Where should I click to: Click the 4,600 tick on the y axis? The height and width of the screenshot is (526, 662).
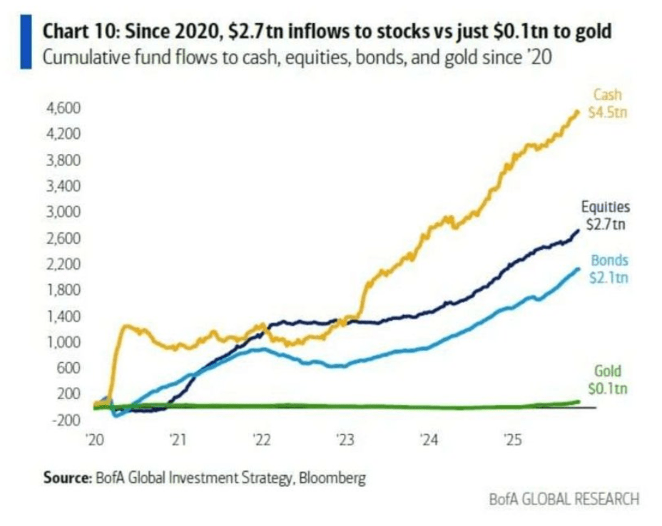[x=63, y=108]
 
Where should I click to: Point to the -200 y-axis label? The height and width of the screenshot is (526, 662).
[x=66, y=420]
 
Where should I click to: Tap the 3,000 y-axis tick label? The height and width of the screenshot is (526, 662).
[x=63, y=212]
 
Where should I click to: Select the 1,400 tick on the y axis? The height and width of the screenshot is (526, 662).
[x=63, y=316]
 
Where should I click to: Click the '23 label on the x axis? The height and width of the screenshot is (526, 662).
[x=345, y=440]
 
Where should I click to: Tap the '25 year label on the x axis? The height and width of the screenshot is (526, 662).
[x=513, y=440]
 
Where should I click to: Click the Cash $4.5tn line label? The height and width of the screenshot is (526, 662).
[x=608, y=103]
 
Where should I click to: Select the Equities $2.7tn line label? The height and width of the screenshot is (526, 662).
[x=606, y=215]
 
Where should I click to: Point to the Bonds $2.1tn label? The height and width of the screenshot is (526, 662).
[x=608, y=269]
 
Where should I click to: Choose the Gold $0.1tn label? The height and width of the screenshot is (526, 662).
[x=608, y=380]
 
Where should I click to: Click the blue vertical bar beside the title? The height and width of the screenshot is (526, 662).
[x=26, y=41]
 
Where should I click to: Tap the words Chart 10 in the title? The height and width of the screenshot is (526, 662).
[x=77, y=31]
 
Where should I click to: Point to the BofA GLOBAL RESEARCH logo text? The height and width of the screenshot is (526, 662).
[x=564, y=499]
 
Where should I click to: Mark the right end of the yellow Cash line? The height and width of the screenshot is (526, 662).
[x=578, y=111]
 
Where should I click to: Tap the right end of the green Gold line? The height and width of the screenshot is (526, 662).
[x=579, y=401]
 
